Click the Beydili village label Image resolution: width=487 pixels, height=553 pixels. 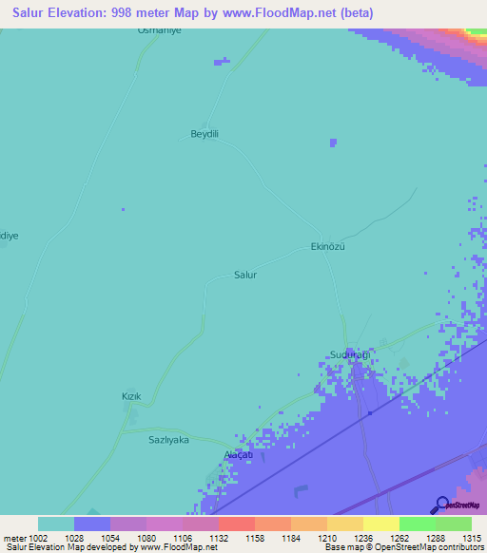[205, 134]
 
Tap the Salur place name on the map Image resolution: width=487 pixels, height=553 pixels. [245, 275]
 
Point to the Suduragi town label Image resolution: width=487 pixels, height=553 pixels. [348, 354]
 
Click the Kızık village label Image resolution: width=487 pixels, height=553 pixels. [131, 395]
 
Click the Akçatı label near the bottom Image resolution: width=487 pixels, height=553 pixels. [237, 456]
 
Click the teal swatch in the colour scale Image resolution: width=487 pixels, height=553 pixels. [56, 524]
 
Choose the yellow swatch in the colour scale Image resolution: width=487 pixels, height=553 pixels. [380, 524]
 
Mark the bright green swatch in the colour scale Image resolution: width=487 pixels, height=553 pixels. [417, 524]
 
